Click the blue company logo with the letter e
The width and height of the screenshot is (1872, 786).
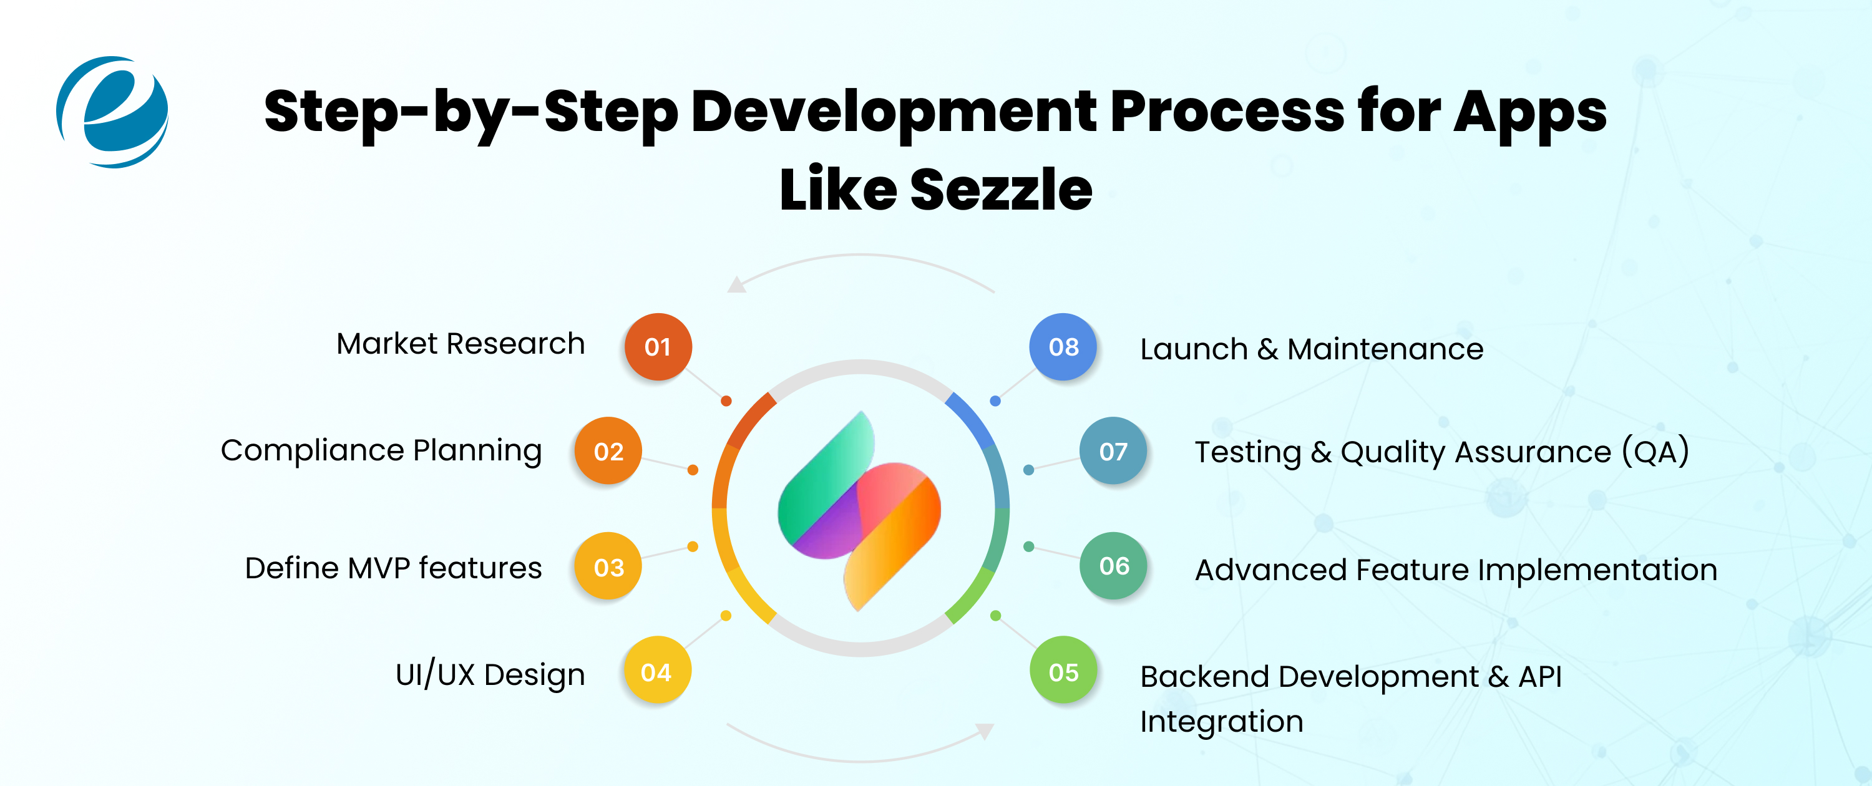tap(113, 112)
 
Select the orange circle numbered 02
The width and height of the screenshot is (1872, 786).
tap(608, 451)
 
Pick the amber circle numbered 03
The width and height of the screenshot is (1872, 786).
tap(608, 566)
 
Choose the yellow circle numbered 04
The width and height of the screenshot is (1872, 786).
tap(657, 671)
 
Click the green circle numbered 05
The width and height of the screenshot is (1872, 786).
tap(1063, 671)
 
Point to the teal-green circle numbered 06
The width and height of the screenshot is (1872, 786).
tap(1113, 566)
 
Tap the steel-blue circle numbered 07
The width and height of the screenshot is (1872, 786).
tap(1113, 451)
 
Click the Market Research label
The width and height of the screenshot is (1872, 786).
tap(460, 344)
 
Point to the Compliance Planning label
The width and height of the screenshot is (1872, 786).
tap(381, 450)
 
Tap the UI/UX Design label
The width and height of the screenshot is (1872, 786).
tap(490, 675)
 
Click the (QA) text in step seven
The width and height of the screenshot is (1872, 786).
tap(1655, 452)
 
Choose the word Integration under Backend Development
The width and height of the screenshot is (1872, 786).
tap(1221, 721)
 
